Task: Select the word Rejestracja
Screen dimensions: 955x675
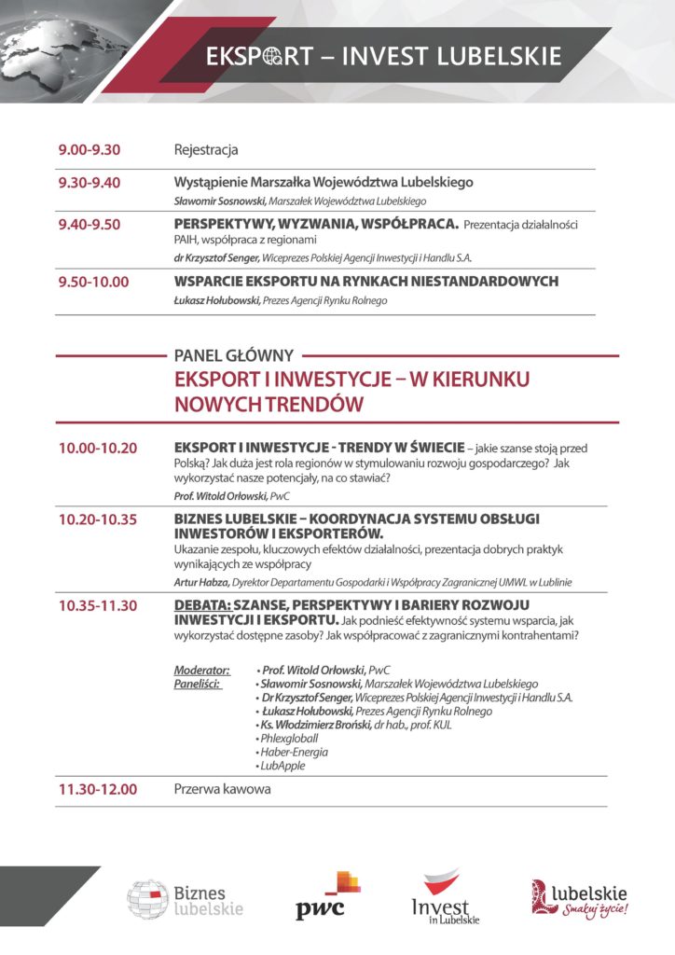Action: (x=206, y=149)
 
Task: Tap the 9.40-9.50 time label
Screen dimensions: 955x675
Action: (x=89, y=224)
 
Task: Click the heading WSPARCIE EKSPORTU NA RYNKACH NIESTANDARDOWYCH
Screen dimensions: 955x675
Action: (x=366, y=281)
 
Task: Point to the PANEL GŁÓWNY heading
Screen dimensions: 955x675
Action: (x=234, y=355)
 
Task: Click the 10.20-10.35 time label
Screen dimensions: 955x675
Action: (x=97, y=519)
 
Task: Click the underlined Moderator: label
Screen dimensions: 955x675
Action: (x=201, y=670)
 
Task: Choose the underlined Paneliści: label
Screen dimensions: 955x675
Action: (x=198, y=684)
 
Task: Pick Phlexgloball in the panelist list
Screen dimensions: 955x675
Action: (x=289, y=738)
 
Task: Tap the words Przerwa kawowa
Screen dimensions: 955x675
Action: (x=222, y=789)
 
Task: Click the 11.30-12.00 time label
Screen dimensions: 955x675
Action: (x=97, y=789)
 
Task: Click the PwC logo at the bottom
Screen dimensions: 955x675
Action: (x=327, y=896)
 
